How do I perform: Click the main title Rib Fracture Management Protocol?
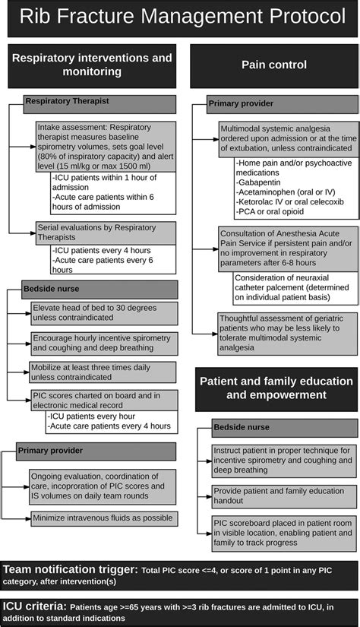click(180, 18)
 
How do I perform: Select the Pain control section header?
click(273, 65)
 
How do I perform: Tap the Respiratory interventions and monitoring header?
click(92, 65)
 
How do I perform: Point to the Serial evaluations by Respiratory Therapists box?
click(106, 233)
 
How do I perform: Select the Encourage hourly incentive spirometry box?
click(104, 341)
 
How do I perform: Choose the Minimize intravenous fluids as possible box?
click(104, 519)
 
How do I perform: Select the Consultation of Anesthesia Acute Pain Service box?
click(288, 248)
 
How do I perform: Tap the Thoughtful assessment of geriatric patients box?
click(288, 332)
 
